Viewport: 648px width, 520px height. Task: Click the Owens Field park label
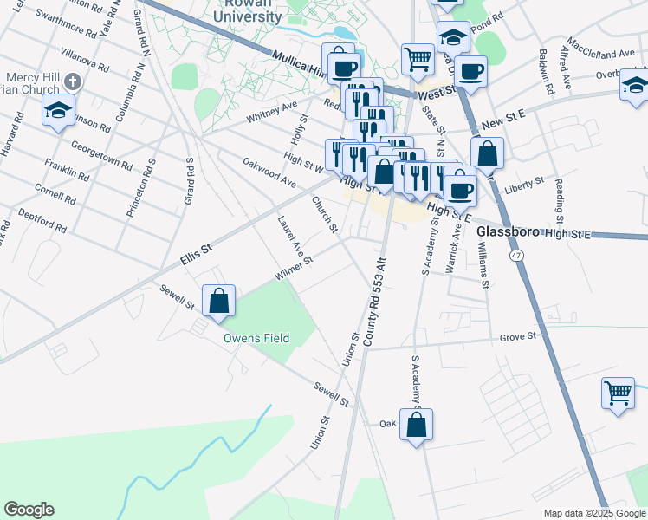click(256, 338)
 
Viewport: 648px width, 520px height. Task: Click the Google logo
click(29, 510)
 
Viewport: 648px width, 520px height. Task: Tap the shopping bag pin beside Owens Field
click(218, 301)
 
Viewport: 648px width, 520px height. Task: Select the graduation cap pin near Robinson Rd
click(59, 110)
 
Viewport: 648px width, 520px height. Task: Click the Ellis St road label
click(196, 250)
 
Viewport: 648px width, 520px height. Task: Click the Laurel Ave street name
click(290, 235)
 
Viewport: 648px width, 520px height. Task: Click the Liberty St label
click(526, 184)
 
